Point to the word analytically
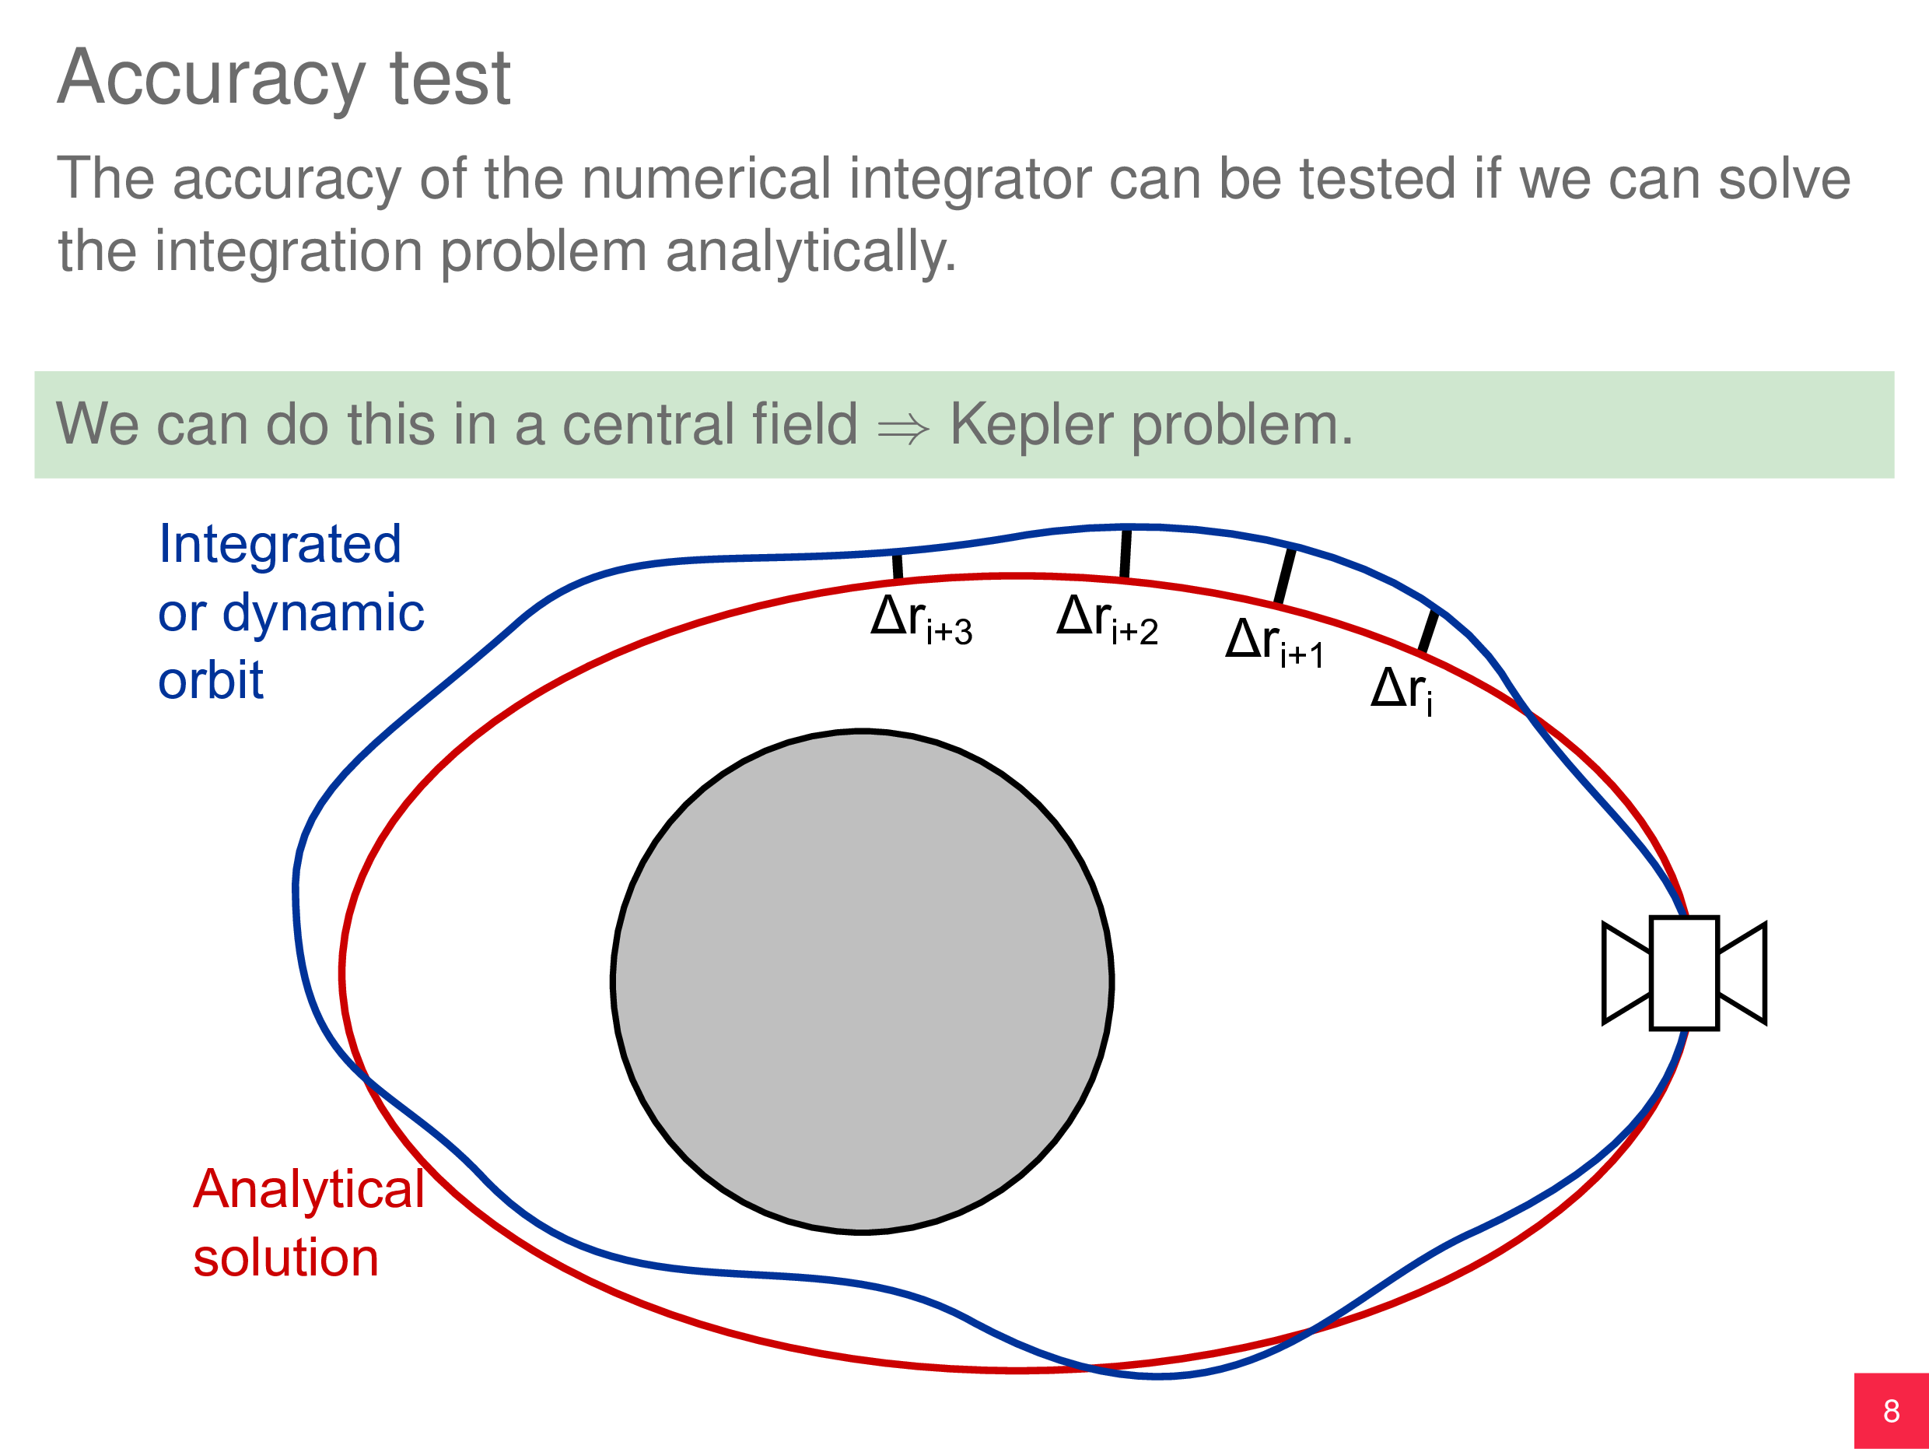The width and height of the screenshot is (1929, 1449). coord(810,252)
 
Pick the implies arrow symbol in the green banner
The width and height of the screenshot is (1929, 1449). coord(904,428)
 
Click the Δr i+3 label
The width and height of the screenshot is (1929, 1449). coord(921,619)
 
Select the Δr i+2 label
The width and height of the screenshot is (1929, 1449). coord(1107,619)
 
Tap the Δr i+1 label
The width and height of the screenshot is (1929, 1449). coord(1274,642)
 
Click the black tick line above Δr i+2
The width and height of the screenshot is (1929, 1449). coord(1125,553)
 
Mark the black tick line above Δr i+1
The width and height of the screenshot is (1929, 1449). coord(1284,576)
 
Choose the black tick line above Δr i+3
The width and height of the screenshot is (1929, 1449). coord(898,567)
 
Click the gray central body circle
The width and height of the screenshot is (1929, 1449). coord(862,981)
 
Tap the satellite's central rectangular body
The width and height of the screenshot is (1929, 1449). coord(1684,973)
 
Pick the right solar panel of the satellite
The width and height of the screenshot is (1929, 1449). coord(1742,973)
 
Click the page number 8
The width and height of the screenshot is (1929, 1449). coord(1891,1411)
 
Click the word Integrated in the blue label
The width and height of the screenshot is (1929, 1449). coord(279,545)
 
